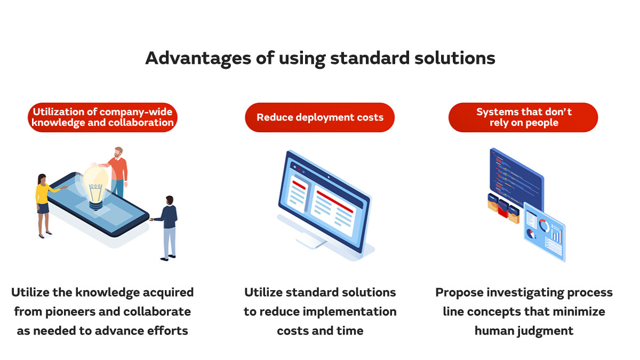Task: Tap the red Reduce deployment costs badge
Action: (319, 117)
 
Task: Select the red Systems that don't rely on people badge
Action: (523, 117)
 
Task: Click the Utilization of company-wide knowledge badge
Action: (102, 117)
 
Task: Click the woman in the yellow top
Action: (43, 203)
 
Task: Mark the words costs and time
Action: (320, 331)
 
